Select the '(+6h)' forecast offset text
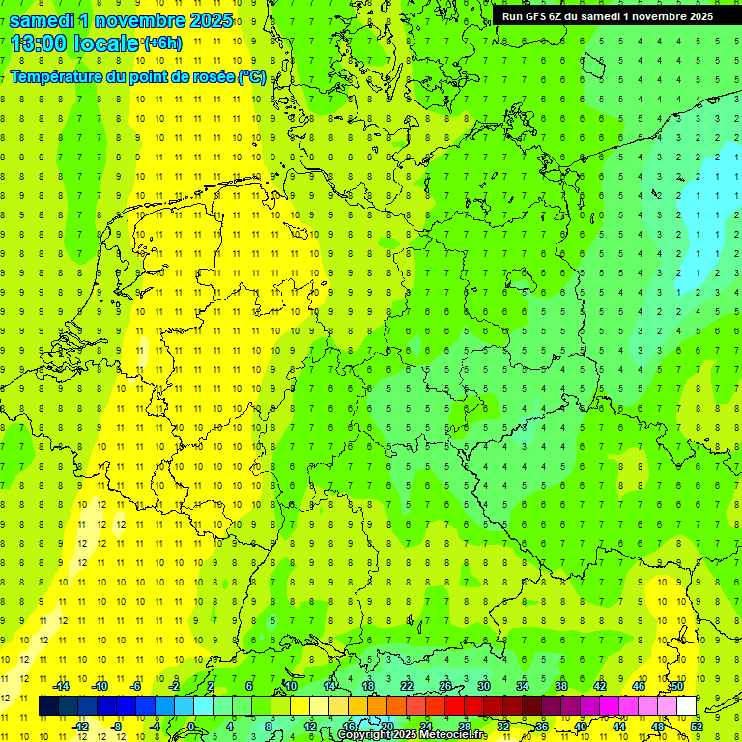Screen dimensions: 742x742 click(x=161, y=43)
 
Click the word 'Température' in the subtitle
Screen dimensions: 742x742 click(x=55, y=77)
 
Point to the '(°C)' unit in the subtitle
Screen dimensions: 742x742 click(x=252, y=77)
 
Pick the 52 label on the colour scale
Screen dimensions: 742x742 click(x=697, y=726)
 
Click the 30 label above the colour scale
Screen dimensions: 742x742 click(x=484, y=686)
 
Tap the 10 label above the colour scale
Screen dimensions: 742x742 click(x=291, y=686)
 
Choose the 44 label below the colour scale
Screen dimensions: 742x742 click(x=619, y=726)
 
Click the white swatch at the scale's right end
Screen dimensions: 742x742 click(x=687, y=706)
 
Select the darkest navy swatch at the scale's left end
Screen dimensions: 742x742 click(x=48, y=706)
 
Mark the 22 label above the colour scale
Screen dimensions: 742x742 click(x=407, y=686)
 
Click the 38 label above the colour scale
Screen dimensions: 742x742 click(x=561, y=686)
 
